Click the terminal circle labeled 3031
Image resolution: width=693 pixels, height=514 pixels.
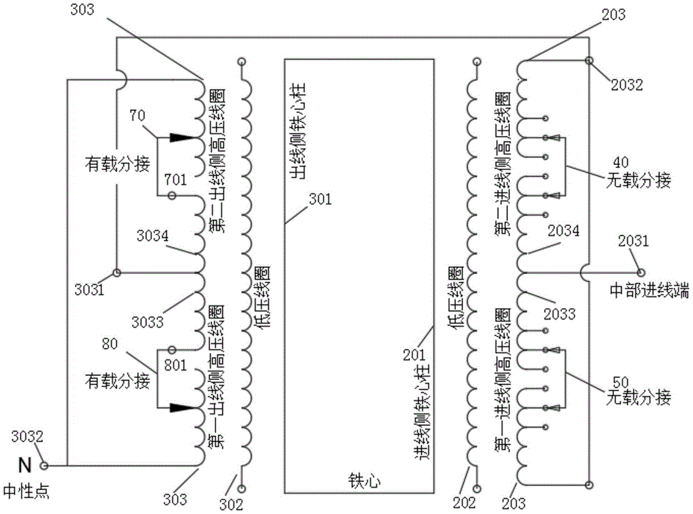[117, 272]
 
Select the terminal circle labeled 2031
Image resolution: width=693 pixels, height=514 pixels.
[640, 272]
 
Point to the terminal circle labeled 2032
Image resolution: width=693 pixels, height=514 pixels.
[589, 61]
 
